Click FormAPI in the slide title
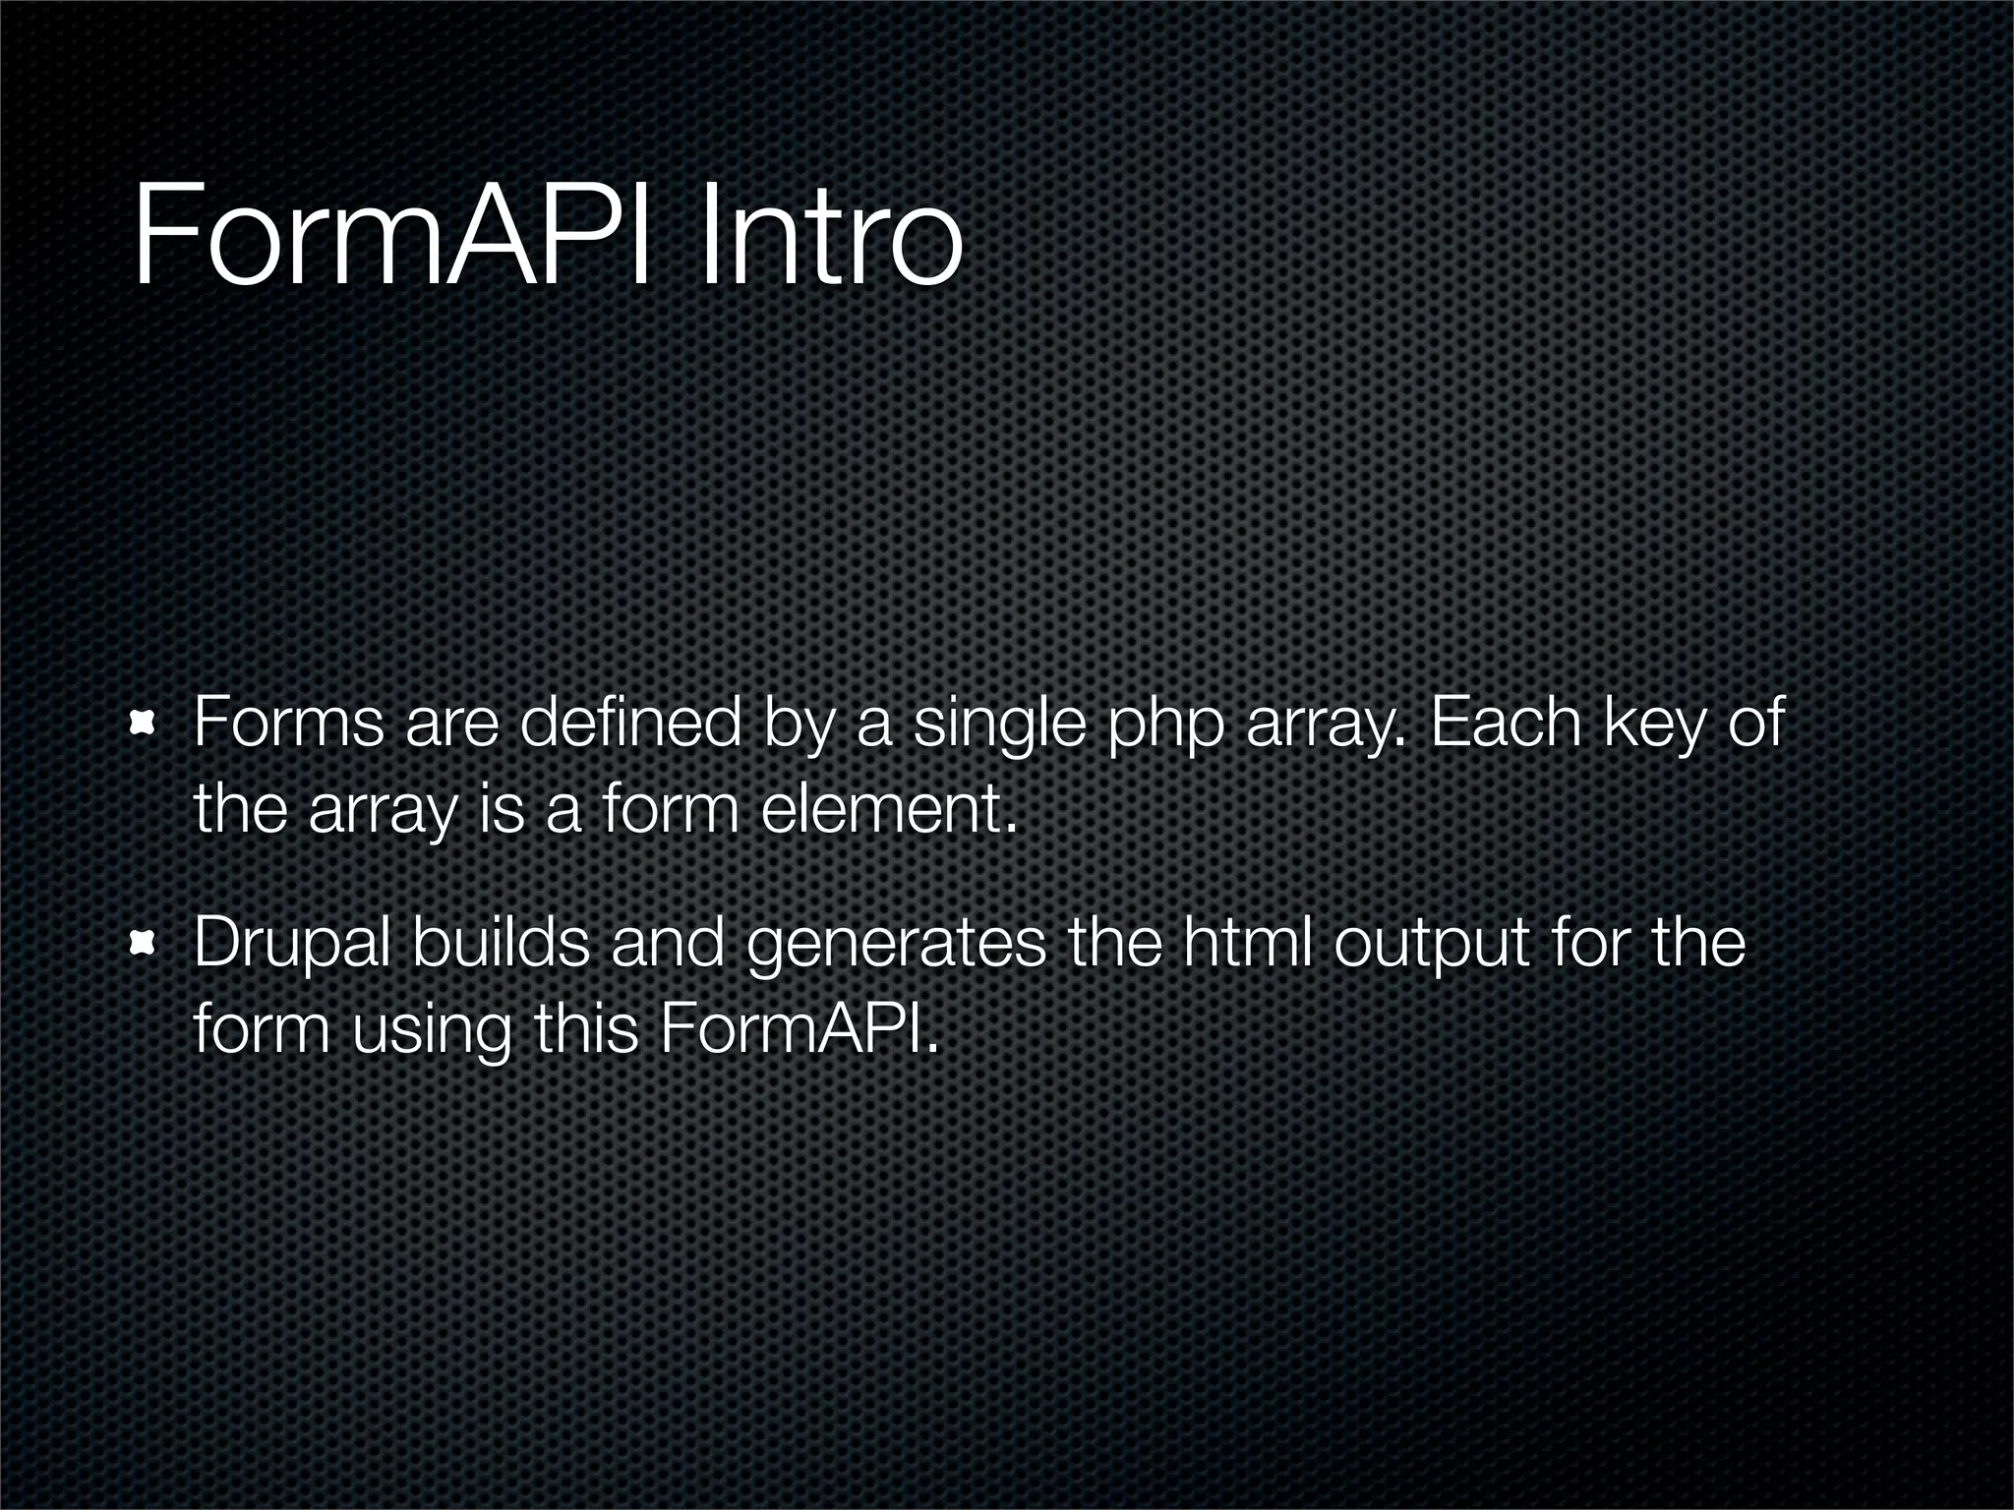pyautogui.click(x=393, y=237)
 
